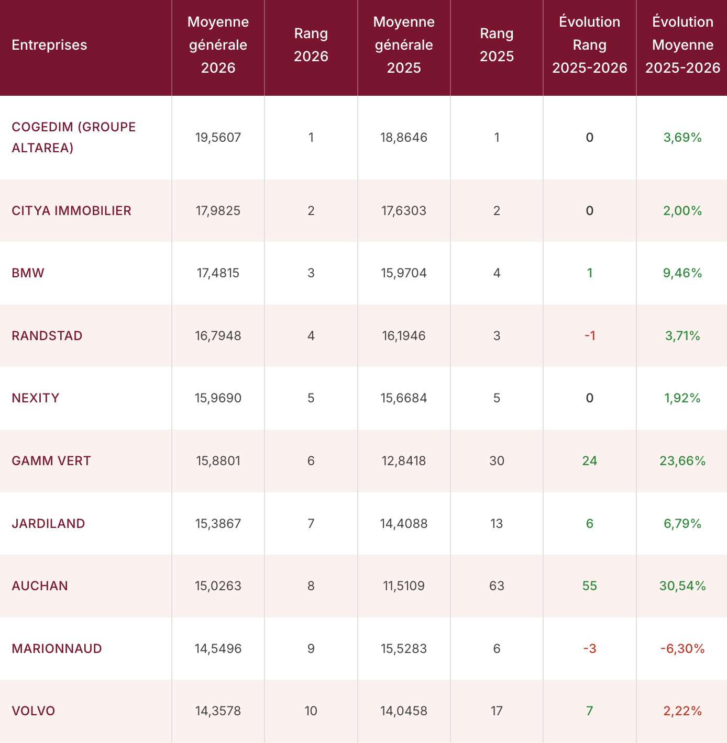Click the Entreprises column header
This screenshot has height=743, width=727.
(x=49, y=45)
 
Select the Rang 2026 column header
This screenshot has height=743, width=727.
(x=311, y=44)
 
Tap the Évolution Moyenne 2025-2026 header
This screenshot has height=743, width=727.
(x=682, y=44)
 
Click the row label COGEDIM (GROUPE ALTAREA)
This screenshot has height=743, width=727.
(x=73, y=137)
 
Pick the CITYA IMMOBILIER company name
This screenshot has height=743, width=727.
(x=71, y=210)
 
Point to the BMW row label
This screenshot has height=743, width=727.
(x=28, y=273)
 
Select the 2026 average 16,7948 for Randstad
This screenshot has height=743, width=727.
(x=218, y=335)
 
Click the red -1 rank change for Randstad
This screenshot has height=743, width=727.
(x=589, y=335)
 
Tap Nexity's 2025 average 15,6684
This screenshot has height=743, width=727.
(x=404, y=398)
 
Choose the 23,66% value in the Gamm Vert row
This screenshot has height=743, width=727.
(x=682, y=460)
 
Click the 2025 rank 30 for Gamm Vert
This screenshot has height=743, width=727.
(x=497, y=460)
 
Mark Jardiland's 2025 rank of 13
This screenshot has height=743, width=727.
(x=497, y=523)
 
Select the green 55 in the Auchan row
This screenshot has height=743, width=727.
(x=589, y=586)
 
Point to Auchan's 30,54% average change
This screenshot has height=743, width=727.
(x=682, y=586)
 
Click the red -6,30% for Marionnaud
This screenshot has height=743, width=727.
(x=682, y=648)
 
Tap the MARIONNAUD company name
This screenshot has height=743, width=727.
(x=57, y=648)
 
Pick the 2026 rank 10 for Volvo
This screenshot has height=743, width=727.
(x=311, y=711)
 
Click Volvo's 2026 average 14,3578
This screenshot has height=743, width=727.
(x=218, y=711)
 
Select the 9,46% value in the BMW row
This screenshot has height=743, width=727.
(x=682, y=273)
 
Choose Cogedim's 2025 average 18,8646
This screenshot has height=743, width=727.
(x=404, y=137)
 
